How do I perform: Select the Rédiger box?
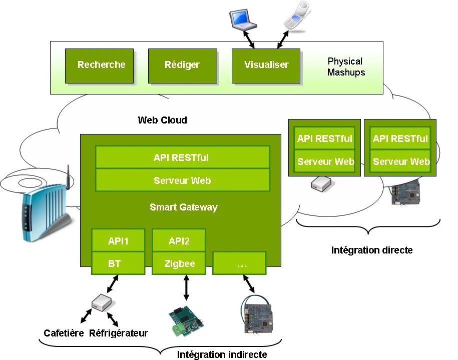182,65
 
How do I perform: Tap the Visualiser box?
266,65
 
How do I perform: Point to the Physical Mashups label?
345,66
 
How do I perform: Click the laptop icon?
243,19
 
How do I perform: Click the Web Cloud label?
162,120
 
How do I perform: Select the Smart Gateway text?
183,207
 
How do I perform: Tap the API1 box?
118,241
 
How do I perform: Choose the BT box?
118,263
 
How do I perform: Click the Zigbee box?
179,263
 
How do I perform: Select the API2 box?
179,241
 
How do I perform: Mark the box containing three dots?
240,263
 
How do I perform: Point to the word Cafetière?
64,333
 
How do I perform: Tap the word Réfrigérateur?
119,333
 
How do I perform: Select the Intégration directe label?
371,250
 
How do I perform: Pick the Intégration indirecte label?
222,354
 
